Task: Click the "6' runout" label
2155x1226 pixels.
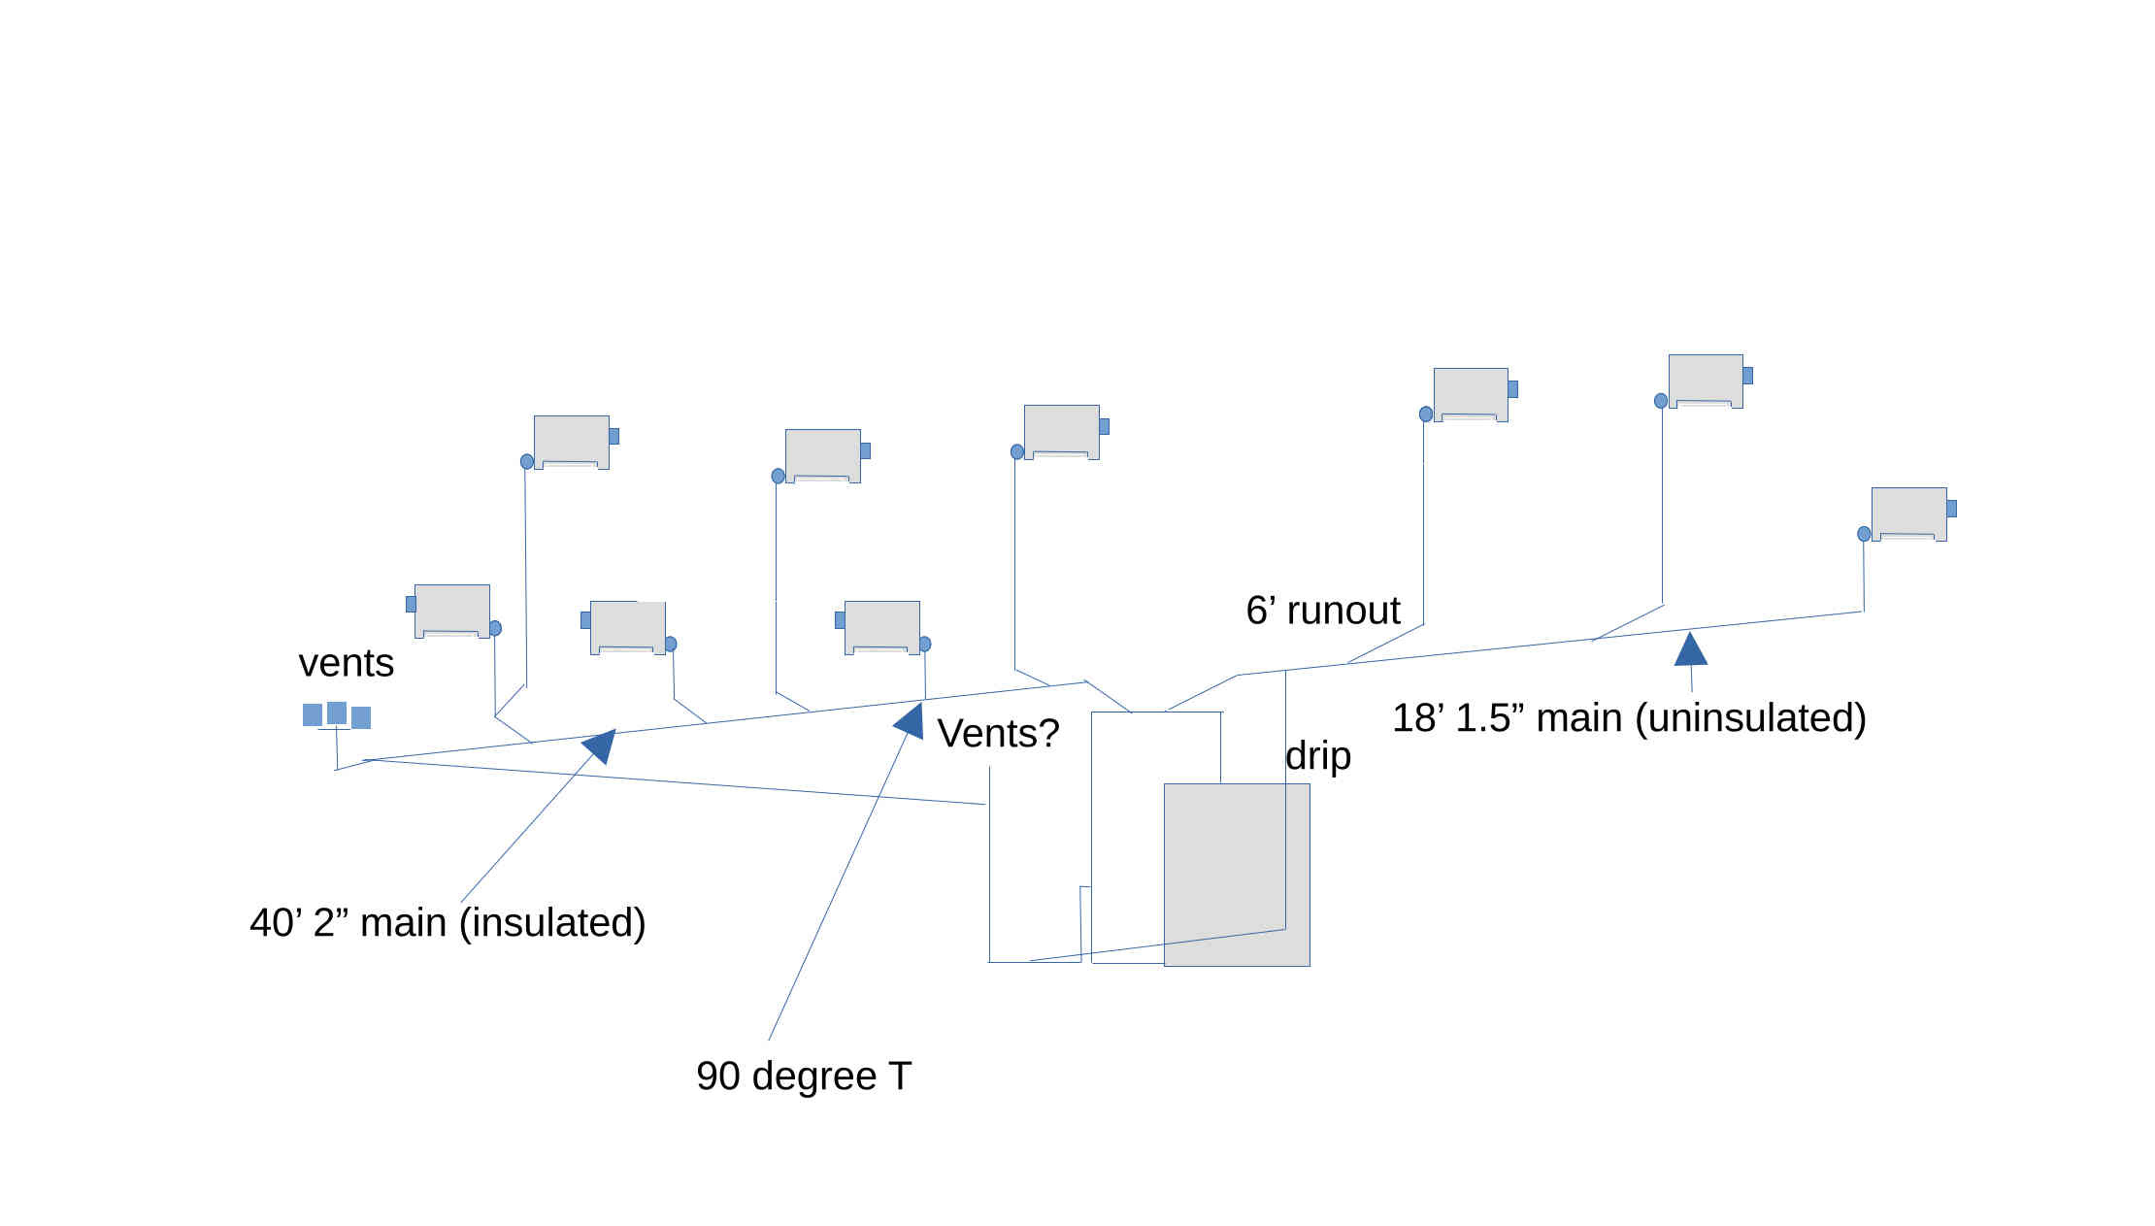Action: pos(1322,611)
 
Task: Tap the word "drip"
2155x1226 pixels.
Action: pos(1317,755)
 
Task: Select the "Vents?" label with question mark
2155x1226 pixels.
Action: pos(998,733)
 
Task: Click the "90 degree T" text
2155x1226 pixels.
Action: pos(804,1076)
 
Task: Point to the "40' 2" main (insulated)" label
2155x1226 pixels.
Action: pos(448,922)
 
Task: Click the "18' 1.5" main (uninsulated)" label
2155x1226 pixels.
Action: pos(1629,718)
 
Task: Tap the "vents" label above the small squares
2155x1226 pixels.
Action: pos(346,663)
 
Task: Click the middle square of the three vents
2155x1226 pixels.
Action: pos(337,713)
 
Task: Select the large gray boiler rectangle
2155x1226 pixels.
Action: pos(1237,874)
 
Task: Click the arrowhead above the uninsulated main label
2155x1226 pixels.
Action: pos(1690,649)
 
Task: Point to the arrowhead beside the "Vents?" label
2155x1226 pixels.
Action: pos(910,721)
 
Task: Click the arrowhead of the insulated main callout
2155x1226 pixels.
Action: pos(600,746)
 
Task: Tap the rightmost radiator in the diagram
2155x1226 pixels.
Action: pos(1908,514)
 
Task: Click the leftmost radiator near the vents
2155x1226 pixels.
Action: pos(451,611)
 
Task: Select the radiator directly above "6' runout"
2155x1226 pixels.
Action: pos(1471,394)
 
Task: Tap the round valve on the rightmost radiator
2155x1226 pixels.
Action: pos(1864,534)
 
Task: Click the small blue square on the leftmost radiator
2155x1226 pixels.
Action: pos(411,604)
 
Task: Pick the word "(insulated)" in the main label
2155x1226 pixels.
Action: pos(552,922)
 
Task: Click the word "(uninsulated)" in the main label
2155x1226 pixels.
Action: pos(1750,718)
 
